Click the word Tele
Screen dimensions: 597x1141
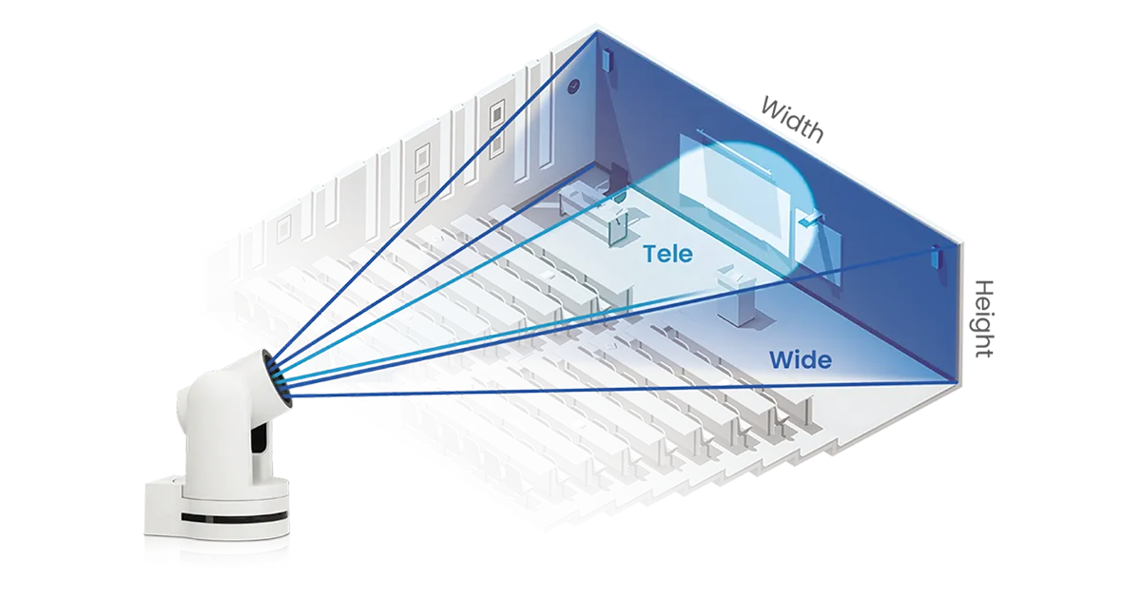click(667, 254)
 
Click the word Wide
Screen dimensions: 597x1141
click(800, 360)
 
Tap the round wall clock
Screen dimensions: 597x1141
click(572, 87)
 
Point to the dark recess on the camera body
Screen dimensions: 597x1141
click(257, 437)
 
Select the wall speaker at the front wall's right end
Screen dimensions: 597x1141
click(936, 257)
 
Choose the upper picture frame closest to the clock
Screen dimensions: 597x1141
click(496, 115)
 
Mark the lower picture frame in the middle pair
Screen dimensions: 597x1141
click(421, 183)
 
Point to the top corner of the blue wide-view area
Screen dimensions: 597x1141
click(597, 33)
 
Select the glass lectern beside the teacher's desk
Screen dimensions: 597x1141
click(619, 219)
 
